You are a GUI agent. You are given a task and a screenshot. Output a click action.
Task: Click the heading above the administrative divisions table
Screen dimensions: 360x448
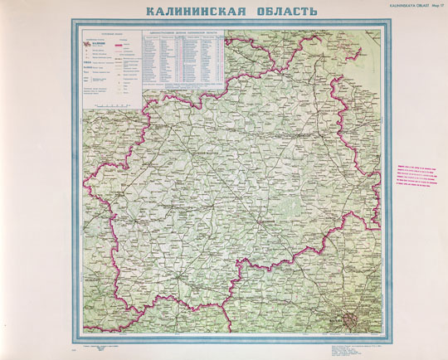tap(184, 35)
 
